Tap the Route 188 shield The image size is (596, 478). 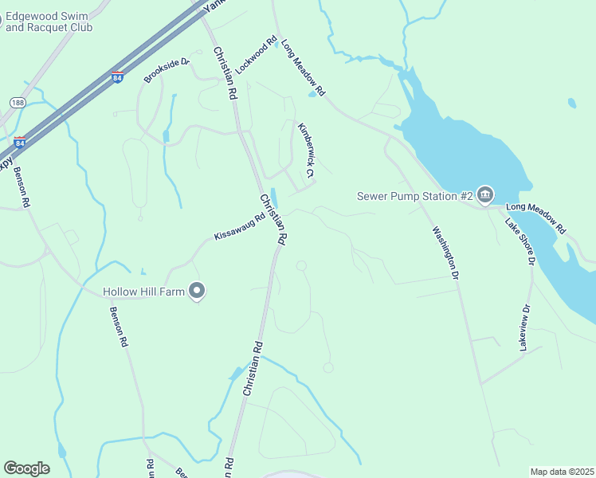(17, 103)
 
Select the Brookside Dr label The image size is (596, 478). (167, 70)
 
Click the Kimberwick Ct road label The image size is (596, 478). (307, 150)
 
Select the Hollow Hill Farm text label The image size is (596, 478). (143, 292)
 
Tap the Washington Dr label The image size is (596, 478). (446, 253)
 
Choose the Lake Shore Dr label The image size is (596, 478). (520, 239)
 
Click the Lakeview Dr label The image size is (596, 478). (524, 328)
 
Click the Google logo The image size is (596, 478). (26, 468)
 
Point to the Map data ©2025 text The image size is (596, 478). (562, 472)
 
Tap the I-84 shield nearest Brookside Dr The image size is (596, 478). (117, 78)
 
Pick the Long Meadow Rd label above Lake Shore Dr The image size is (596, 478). (535, 217)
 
